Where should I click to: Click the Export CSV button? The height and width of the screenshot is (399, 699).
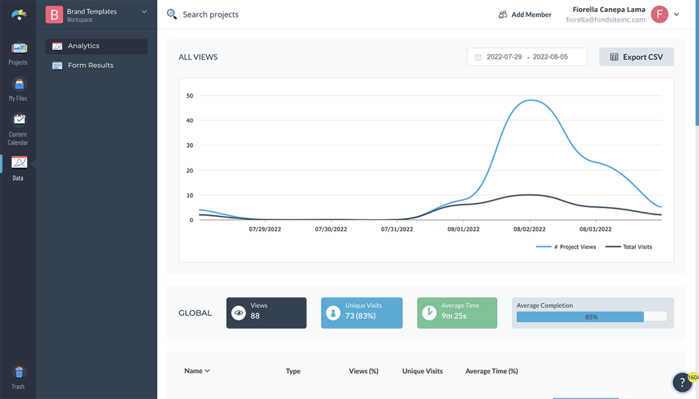636,57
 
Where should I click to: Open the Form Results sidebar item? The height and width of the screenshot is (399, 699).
90,66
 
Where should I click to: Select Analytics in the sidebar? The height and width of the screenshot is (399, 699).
83,46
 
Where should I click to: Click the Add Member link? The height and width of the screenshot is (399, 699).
525,14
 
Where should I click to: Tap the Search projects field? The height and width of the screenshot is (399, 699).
210,14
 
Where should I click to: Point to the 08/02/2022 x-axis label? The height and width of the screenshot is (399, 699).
529,230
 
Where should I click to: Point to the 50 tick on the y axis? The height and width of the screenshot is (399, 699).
190,96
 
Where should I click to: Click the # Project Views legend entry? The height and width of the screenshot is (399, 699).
566,247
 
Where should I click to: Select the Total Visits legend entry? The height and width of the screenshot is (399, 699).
629,247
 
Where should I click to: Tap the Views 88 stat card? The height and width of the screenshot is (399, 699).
266,313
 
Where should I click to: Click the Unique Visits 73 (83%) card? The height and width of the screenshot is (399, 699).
362,313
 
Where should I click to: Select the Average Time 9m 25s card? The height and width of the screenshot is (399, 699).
457,313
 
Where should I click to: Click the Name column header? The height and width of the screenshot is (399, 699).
197,371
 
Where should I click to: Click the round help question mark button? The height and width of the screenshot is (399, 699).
682,383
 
